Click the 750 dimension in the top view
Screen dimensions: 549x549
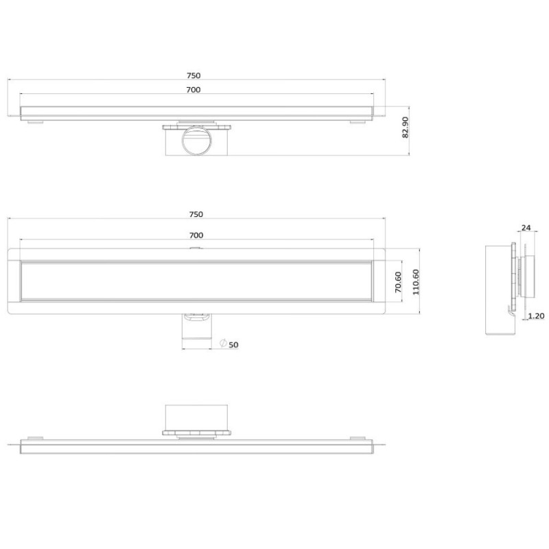[194, 75]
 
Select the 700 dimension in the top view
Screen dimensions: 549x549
[194, 90]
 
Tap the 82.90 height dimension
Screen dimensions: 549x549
[405, 128]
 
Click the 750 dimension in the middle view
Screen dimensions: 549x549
[196, 214]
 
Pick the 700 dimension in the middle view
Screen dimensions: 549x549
[196, 235]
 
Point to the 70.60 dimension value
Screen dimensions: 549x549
[398, 282]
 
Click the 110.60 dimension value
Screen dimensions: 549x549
[416, 282]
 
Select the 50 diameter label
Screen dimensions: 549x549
[233, 345]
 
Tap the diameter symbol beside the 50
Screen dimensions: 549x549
[224, 343]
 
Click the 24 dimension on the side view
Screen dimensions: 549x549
[526, 228]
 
